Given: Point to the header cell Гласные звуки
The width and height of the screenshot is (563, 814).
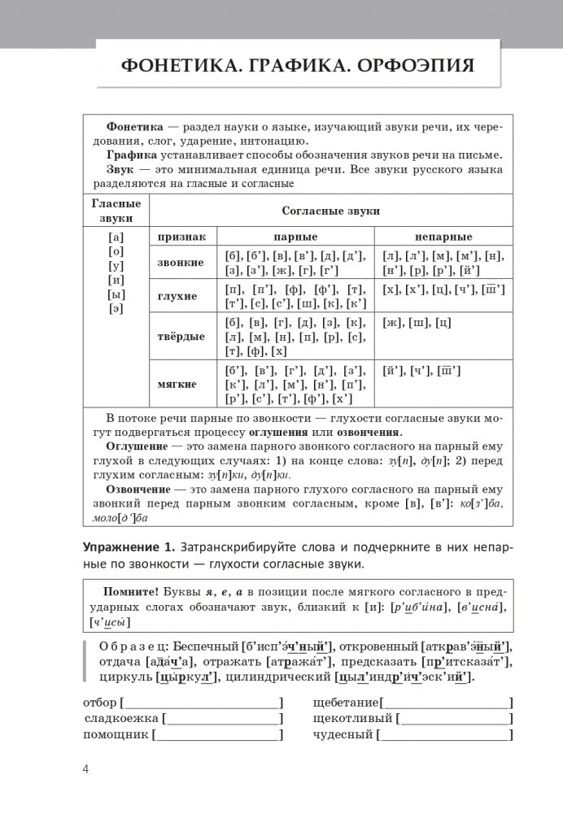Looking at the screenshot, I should [116, 211].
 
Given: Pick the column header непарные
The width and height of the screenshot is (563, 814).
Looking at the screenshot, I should [443, 237].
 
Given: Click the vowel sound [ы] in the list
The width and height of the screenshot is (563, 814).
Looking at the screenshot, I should [115, 293].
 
